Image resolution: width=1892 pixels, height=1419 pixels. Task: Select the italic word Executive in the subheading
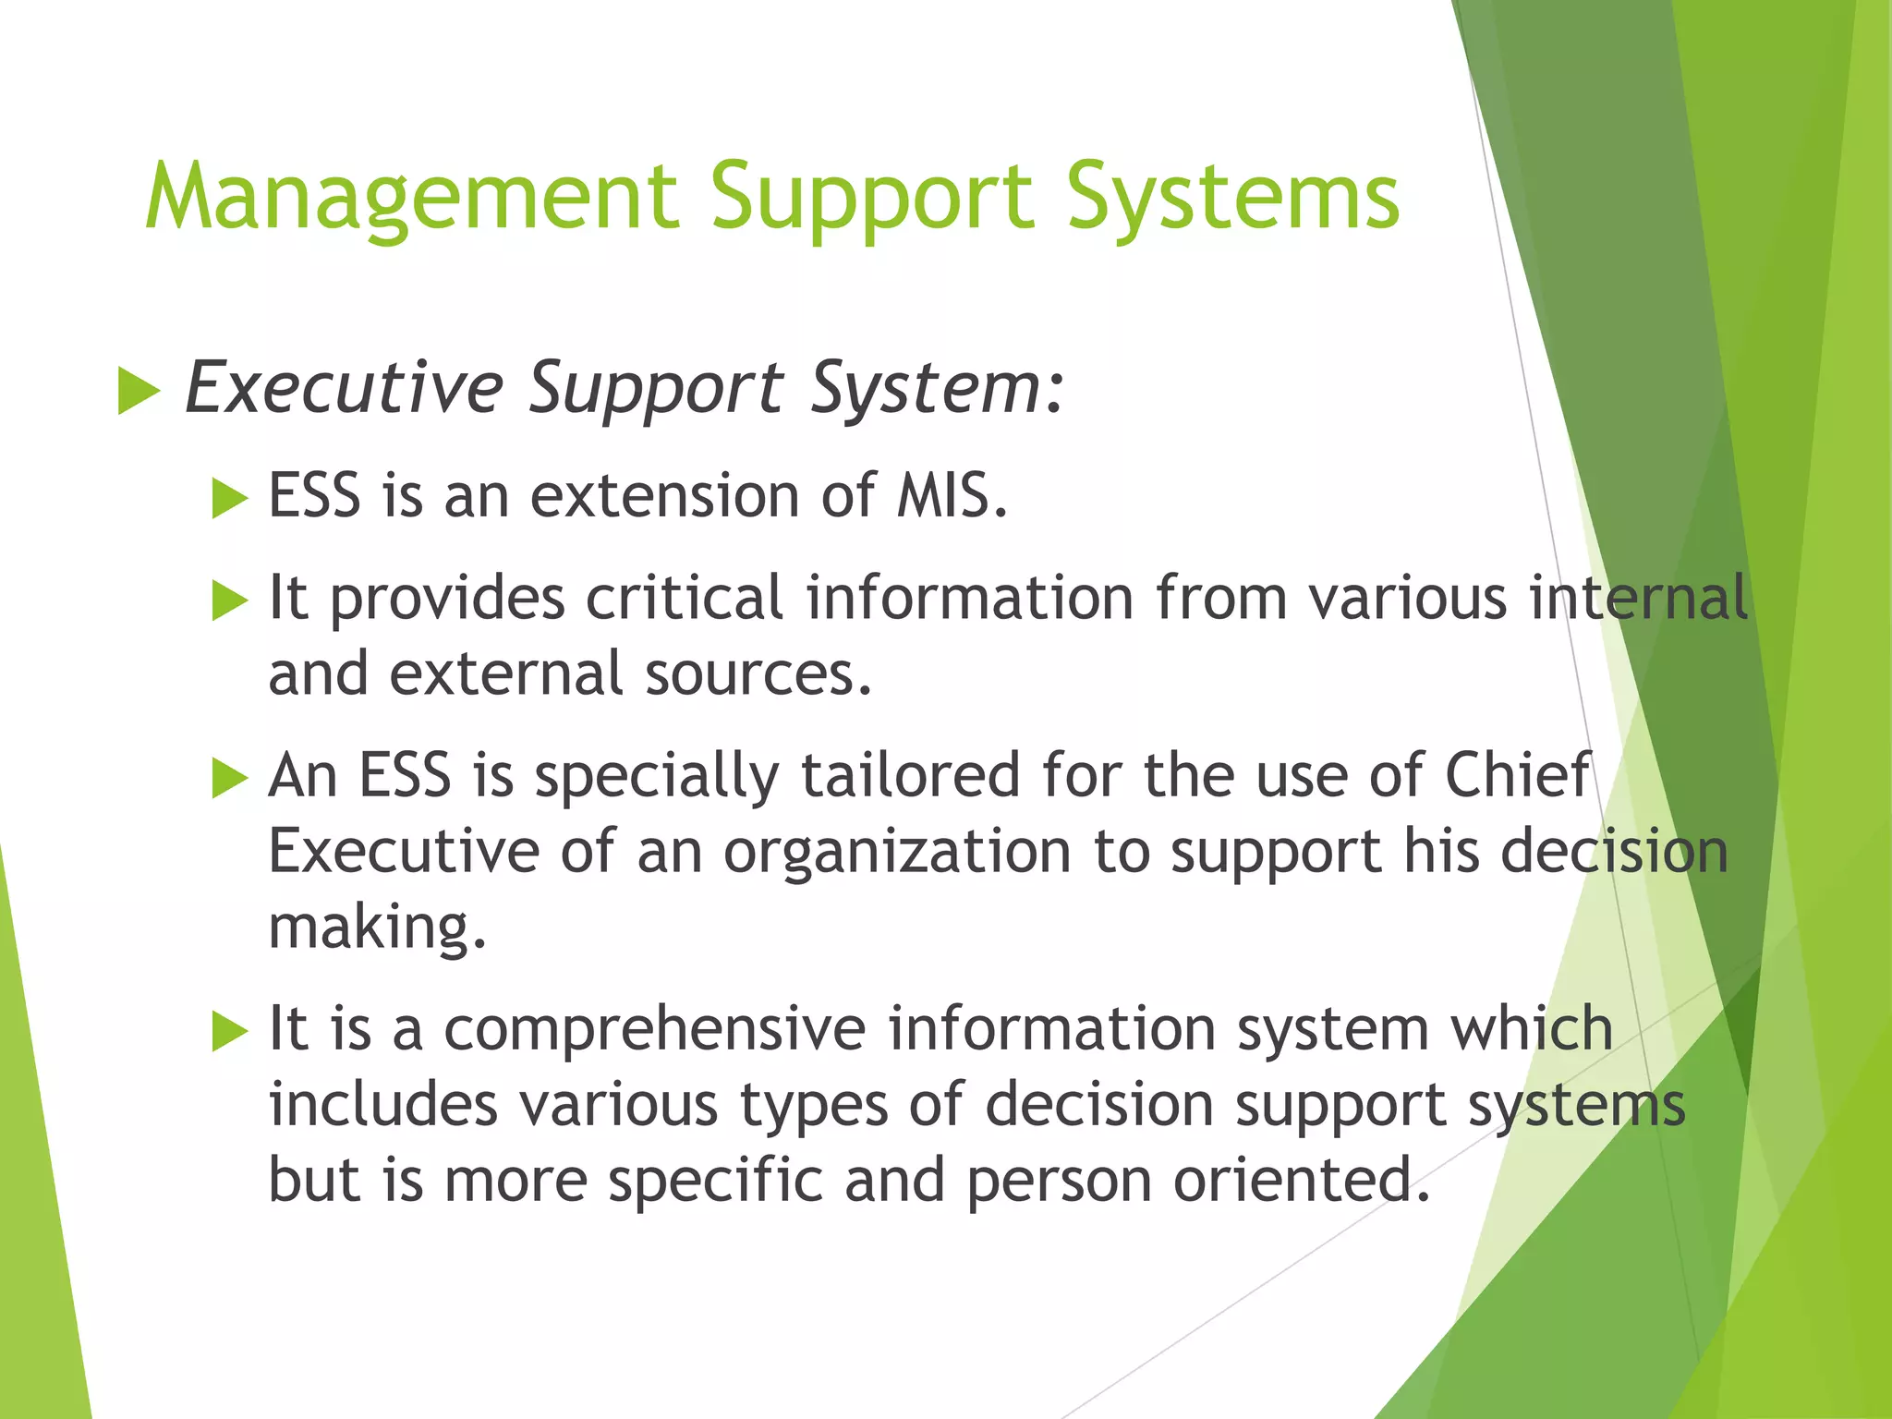click(345, 388)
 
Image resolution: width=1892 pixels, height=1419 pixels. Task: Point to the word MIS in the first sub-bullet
click(951, 496)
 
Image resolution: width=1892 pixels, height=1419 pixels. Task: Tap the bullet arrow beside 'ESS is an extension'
click(230, 499)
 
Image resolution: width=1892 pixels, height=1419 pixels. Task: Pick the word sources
click(758, 673)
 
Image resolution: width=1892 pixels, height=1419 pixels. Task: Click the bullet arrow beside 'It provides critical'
click(230, 601)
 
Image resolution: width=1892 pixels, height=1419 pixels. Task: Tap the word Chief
click(1517, 775)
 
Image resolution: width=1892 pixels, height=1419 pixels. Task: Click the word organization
click(896, 852)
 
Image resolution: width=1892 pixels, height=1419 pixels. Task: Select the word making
click(376, 928)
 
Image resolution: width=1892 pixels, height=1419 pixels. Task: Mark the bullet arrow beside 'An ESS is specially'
click(230, 778)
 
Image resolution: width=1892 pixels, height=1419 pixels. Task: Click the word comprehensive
click(655, 1029)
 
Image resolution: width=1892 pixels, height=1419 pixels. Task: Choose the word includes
click(382, 1105)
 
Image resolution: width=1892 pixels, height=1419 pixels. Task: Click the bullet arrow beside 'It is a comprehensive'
click(230, 1032)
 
